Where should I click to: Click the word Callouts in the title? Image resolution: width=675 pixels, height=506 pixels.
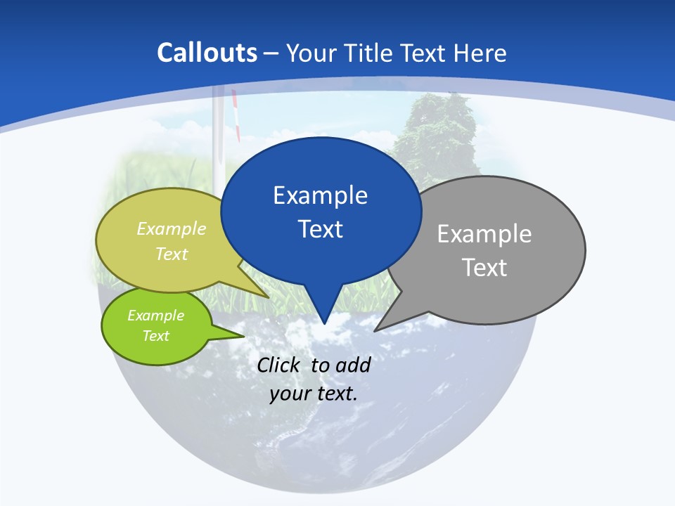coord(207,53)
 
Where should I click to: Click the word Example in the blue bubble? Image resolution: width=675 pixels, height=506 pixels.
coord(320,195)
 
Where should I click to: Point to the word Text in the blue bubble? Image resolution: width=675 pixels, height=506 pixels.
coord(320,229)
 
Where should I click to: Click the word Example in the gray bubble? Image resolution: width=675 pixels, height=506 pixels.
coord(484,234)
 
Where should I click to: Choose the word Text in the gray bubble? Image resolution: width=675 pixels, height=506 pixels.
coord(484,268)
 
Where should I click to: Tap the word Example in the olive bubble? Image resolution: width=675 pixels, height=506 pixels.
coord(172,229)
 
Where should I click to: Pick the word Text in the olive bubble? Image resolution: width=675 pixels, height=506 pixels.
coord(172,254)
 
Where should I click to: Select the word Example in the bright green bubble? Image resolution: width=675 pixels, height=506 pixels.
coord(155,316)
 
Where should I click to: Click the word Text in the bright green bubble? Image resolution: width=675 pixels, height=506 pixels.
coord(155,336)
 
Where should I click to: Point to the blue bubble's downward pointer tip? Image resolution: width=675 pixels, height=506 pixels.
coord(324,323)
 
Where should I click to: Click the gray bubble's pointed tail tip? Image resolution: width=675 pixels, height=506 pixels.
coord(376,330)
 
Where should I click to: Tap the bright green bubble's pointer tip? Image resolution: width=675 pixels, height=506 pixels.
coord(243,336)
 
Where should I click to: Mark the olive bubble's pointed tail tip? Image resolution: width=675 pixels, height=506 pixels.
coord(269,298)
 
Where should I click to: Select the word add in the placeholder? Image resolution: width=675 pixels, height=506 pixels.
coord(352,365)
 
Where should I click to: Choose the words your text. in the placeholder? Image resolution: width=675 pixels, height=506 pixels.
coord(313,394)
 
